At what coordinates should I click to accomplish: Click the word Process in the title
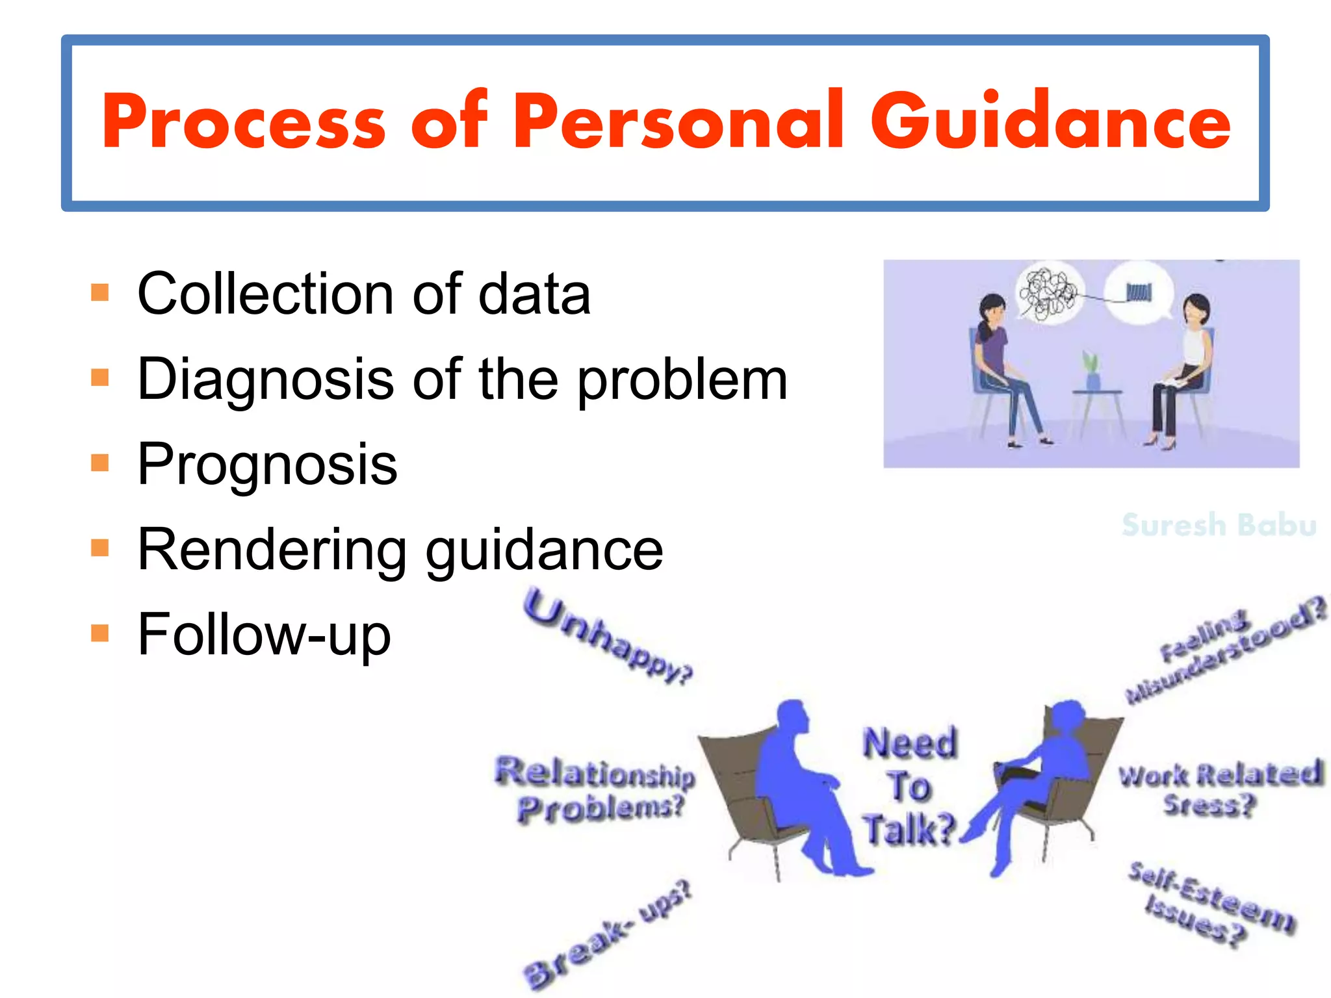(244, 122)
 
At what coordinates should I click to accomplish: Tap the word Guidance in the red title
(1050, 121)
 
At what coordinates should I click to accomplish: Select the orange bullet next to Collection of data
(100, 292)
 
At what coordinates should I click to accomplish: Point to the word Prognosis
(267, 464)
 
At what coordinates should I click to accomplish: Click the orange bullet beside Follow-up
(100, 632)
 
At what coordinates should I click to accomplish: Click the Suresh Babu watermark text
(1219, 525)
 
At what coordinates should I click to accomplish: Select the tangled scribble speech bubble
(1046, 294)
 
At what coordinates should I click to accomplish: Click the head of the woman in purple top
(992, 311)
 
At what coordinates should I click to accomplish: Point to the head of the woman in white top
(1196, 309)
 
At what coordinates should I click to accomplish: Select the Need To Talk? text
(909, 786)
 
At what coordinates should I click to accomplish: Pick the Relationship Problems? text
(595, 789)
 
